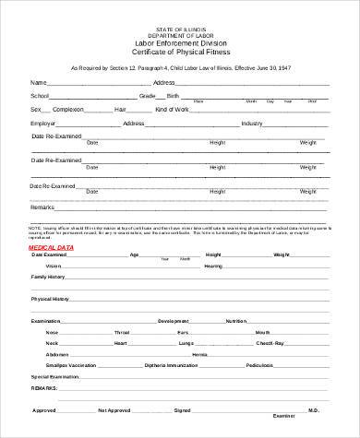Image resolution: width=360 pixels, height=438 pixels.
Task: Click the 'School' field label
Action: click(40, 95)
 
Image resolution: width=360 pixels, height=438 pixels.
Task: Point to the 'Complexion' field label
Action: click(68, 109)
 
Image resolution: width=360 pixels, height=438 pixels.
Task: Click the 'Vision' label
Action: click(54, 266)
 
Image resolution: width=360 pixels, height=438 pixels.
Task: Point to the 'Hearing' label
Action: click(213, 266)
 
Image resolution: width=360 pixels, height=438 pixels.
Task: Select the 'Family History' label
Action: click(49, 277)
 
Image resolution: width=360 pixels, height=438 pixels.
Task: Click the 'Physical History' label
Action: click(51, 299)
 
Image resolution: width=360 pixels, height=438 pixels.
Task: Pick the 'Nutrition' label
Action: click(236, 321)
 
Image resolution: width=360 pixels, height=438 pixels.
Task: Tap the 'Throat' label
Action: click(122, 332)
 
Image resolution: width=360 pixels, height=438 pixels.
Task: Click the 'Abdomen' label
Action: click(57, 354)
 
